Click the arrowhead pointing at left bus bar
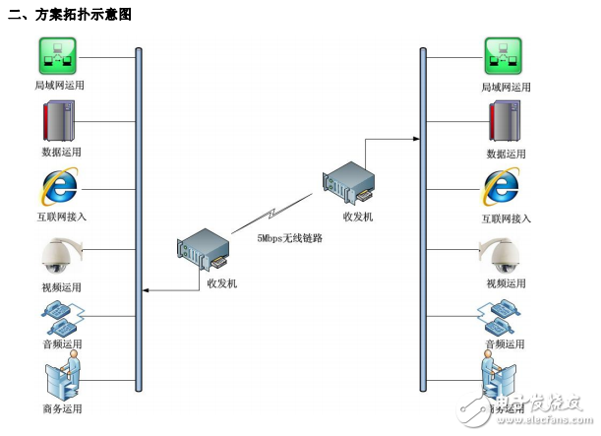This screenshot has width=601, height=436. coord(147,290)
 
